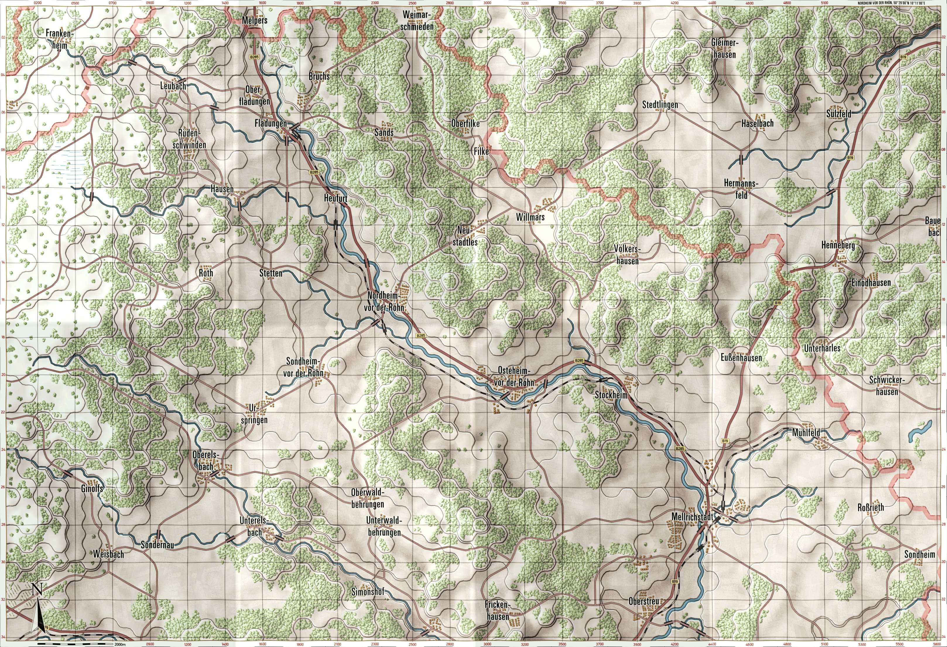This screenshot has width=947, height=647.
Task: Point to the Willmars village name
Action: click(530, 218)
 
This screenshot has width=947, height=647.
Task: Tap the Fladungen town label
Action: click(270, 123)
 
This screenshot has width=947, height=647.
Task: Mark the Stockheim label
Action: click(610, 395)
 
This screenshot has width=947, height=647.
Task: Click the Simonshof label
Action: click(368, 593)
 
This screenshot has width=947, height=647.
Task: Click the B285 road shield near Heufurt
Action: click(314, 172)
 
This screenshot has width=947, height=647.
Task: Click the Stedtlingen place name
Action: click(660, 105)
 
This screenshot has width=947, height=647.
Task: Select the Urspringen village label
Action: click(258, 414)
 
